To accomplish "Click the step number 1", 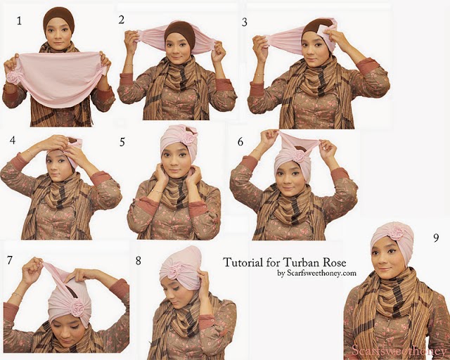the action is pos(19,20).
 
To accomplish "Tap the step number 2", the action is pos(122,20).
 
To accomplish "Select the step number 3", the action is pos(245,22).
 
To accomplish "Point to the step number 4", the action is pos(13,140).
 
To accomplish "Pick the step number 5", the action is pos(122,142).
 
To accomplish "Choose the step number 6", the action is pos(240,141).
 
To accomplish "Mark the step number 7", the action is pos(10,260).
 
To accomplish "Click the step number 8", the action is pos(139,261).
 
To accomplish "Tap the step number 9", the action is pos(436,238).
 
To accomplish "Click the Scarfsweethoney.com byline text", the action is pos(316,273).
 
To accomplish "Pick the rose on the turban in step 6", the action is pos(298,157).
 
